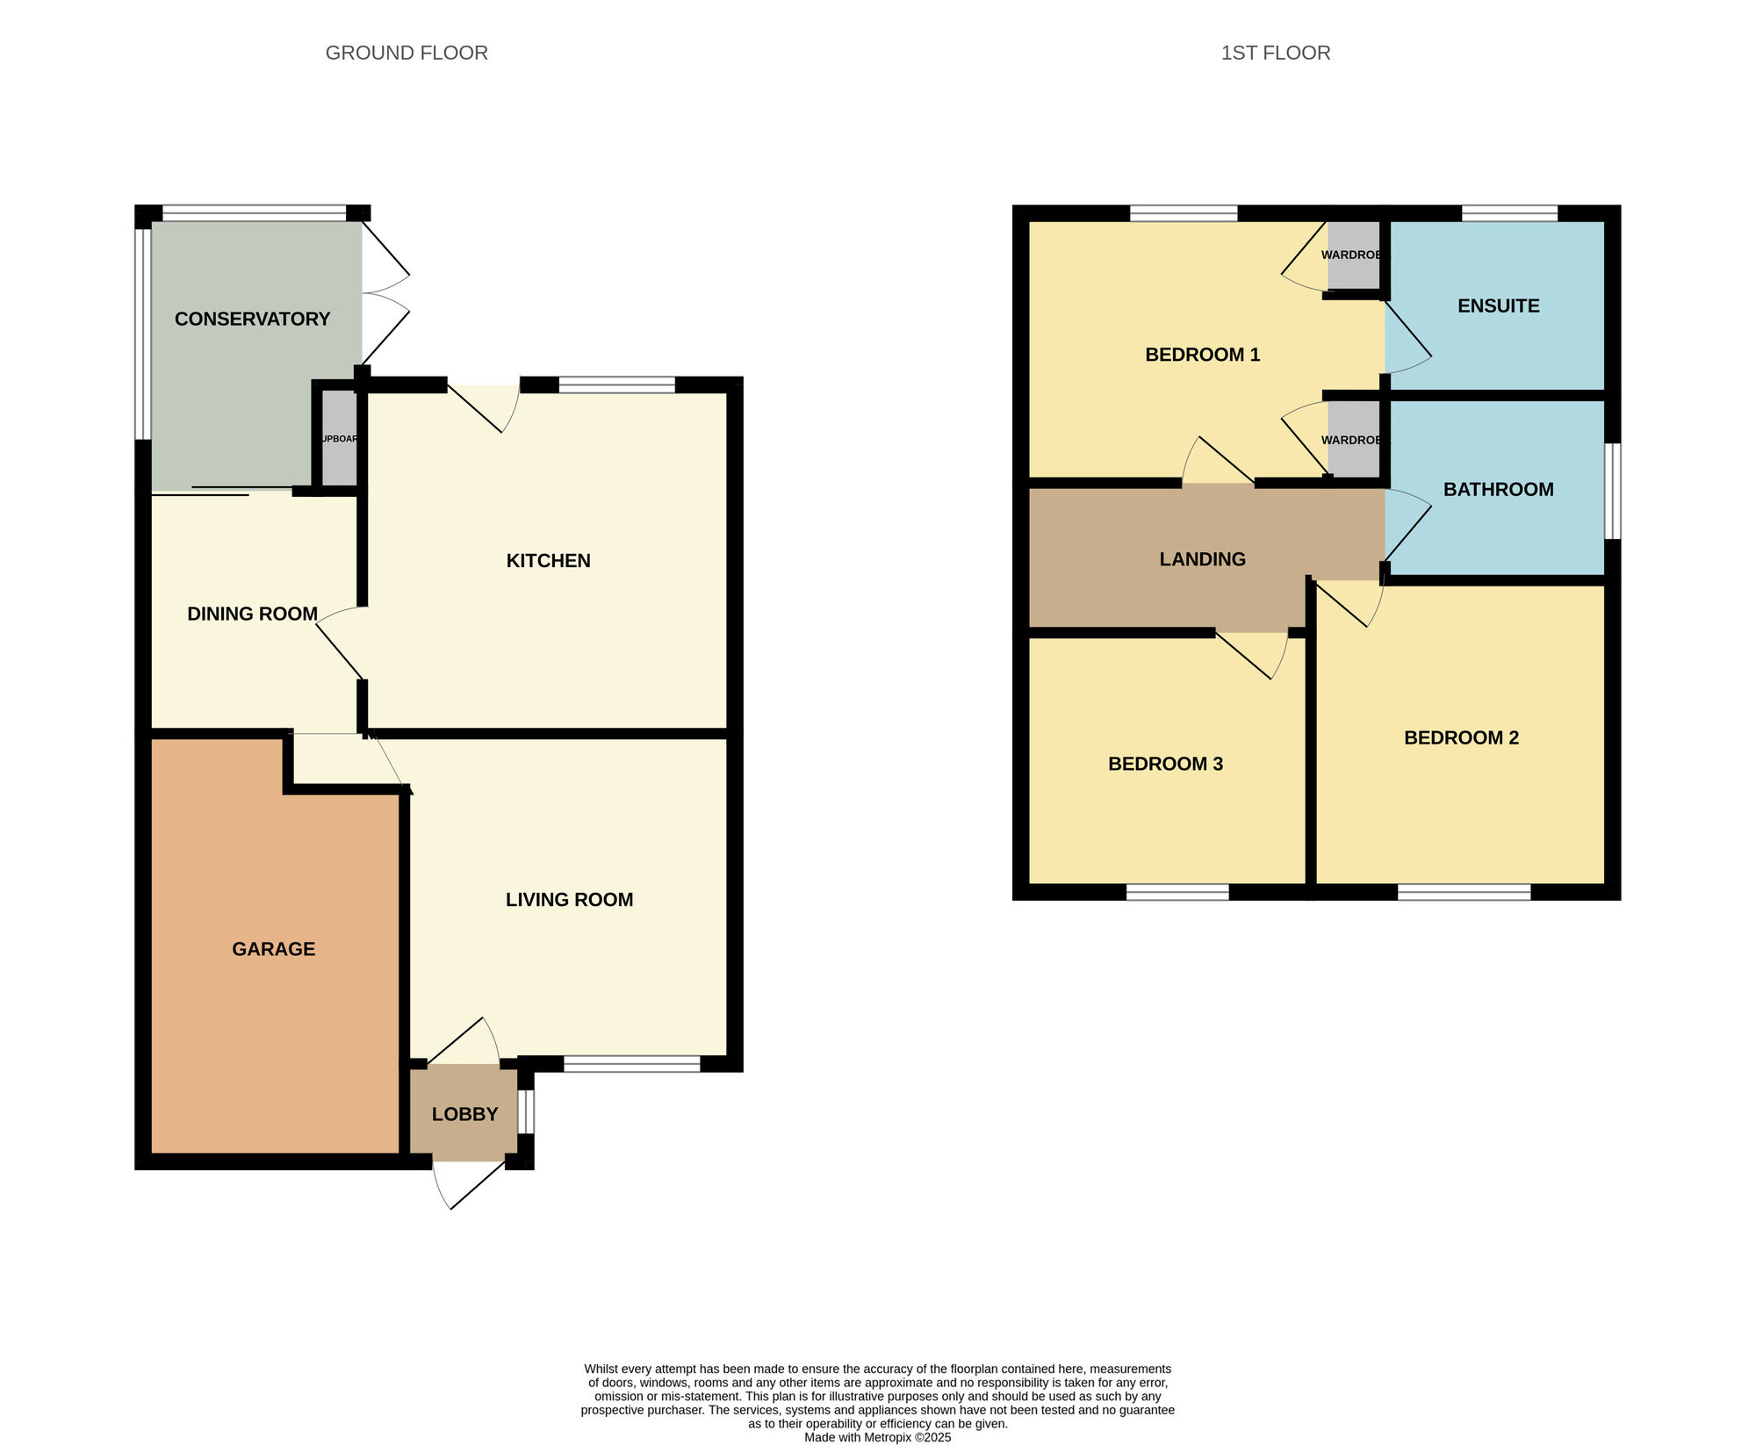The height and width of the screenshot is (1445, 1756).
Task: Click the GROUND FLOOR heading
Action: (x=407, y=53)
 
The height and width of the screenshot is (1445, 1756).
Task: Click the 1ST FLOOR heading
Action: (x=1275, y=53)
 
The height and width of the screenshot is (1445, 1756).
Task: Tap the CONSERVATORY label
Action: (x=252, y=319)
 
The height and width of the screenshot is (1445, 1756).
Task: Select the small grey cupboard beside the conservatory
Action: (x=339, y=438)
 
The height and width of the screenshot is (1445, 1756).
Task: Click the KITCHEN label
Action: (x=548, y=560)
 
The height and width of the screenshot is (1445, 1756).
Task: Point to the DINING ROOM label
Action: (x=252, y=614)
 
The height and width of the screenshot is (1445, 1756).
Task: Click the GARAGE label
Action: (x=273, y=948)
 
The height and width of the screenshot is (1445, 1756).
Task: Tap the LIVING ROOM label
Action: (x=569, y=899)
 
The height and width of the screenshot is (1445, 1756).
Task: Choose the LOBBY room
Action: (x=464, y=1113)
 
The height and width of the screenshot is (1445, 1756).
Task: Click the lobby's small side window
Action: (x=525, y=1111)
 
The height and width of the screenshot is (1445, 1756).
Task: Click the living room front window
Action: (x=631, y=1064)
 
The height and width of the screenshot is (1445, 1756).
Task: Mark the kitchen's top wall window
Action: (x=616, y=385)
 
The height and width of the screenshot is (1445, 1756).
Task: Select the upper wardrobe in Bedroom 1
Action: (x=1353, y=255)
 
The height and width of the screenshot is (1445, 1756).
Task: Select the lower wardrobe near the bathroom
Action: (x=1353, y=439)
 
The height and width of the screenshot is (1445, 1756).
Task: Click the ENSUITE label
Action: (x=1498, y=306)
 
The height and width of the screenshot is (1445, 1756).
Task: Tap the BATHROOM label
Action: (x=1498, y=489)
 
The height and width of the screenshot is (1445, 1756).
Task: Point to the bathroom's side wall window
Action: (x=1612, y=491)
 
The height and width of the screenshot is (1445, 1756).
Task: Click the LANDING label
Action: (x=1202, y=558)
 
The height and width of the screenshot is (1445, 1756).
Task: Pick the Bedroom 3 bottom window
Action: (x=1177, y=892)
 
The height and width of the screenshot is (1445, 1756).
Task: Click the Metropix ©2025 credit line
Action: (x=877, y=1437)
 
